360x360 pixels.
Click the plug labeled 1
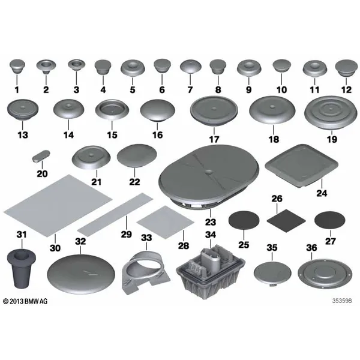point(17,65)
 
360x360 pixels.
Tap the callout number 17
point(214,139)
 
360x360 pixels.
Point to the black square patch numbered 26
point(286,221)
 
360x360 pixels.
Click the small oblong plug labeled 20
point(41,156)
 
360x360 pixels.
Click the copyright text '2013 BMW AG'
point(25,301)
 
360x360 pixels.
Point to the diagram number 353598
point(342,301)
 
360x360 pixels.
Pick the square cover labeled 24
point(302,166)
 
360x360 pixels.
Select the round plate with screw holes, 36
point(325,274)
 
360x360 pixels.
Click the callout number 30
point(55,248)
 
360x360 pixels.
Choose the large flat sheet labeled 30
point(58,205)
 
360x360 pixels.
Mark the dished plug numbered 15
point(112,110)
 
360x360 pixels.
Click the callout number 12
point(346,89)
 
